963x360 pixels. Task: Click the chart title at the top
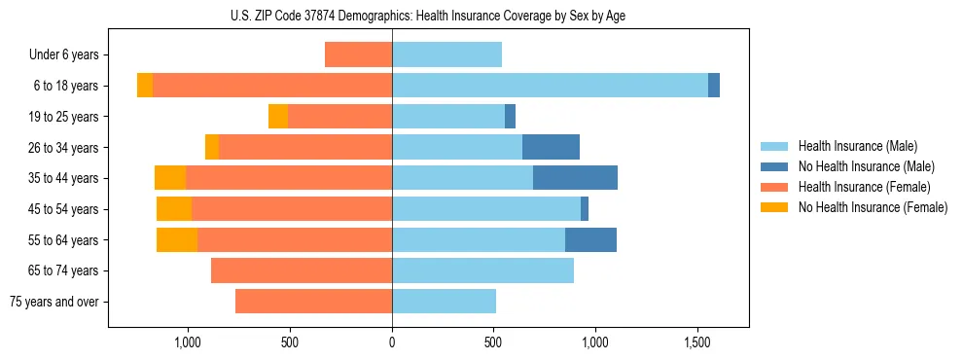click(428, 16)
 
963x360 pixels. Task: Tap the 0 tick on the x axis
click(392, 342)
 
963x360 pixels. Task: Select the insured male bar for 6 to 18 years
click(550, 86)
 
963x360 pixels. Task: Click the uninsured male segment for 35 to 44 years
click(575, 178)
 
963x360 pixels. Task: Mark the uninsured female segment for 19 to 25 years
click(278, 117)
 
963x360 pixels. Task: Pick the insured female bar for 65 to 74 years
click(302, 270)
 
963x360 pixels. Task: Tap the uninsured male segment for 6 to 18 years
click(714, 86)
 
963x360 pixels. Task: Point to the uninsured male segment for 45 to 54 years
click(585, 209)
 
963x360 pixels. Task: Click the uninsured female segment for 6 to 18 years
click(145, 86)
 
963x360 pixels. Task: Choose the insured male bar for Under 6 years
click(446, 55)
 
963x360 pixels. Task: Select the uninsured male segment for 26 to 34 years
click(551, 148)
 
